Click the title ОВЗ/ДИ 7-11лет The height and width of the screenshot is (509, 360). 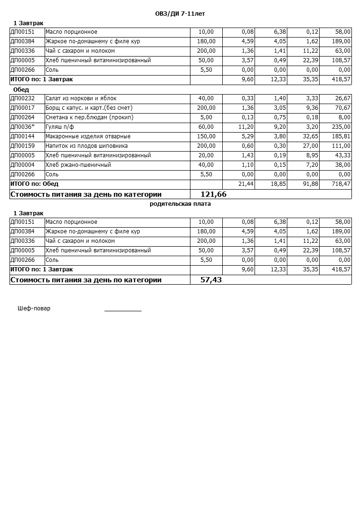coord(180,14)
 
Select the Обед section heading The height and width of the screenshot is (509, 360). coord(21,89)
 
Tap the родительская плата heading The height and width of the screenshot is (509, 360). coord(180,203)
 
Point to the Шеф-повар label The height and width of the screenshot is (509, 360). coord(34,308)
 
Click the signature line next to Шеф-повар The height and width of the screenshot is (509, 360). coord(123,310)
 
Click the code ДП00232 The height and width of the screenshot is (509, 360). coord(22,98)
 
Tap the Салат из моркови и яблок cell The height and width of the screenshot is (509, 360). coord(81,98)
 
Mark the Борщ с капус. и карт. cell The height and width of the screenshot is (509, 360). coord(89,108)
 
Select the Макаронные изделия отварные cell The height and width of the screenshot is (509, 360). coord(88,136)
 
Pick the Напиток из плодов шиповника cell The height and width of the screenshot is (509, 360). coord(86,146)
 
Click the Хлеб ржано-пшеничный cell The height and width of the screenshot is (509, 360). coord(78,165)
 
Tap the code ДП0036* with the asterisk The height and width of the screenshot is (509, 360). coord(22,127)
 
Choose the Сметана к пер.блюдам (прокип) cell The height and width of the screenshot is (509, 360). coord(89,117)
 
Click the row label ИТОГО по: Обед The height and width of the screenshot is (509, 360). coord(34,184)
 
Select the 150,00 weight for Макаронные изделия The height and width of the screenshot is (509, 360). coord(206,136)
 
